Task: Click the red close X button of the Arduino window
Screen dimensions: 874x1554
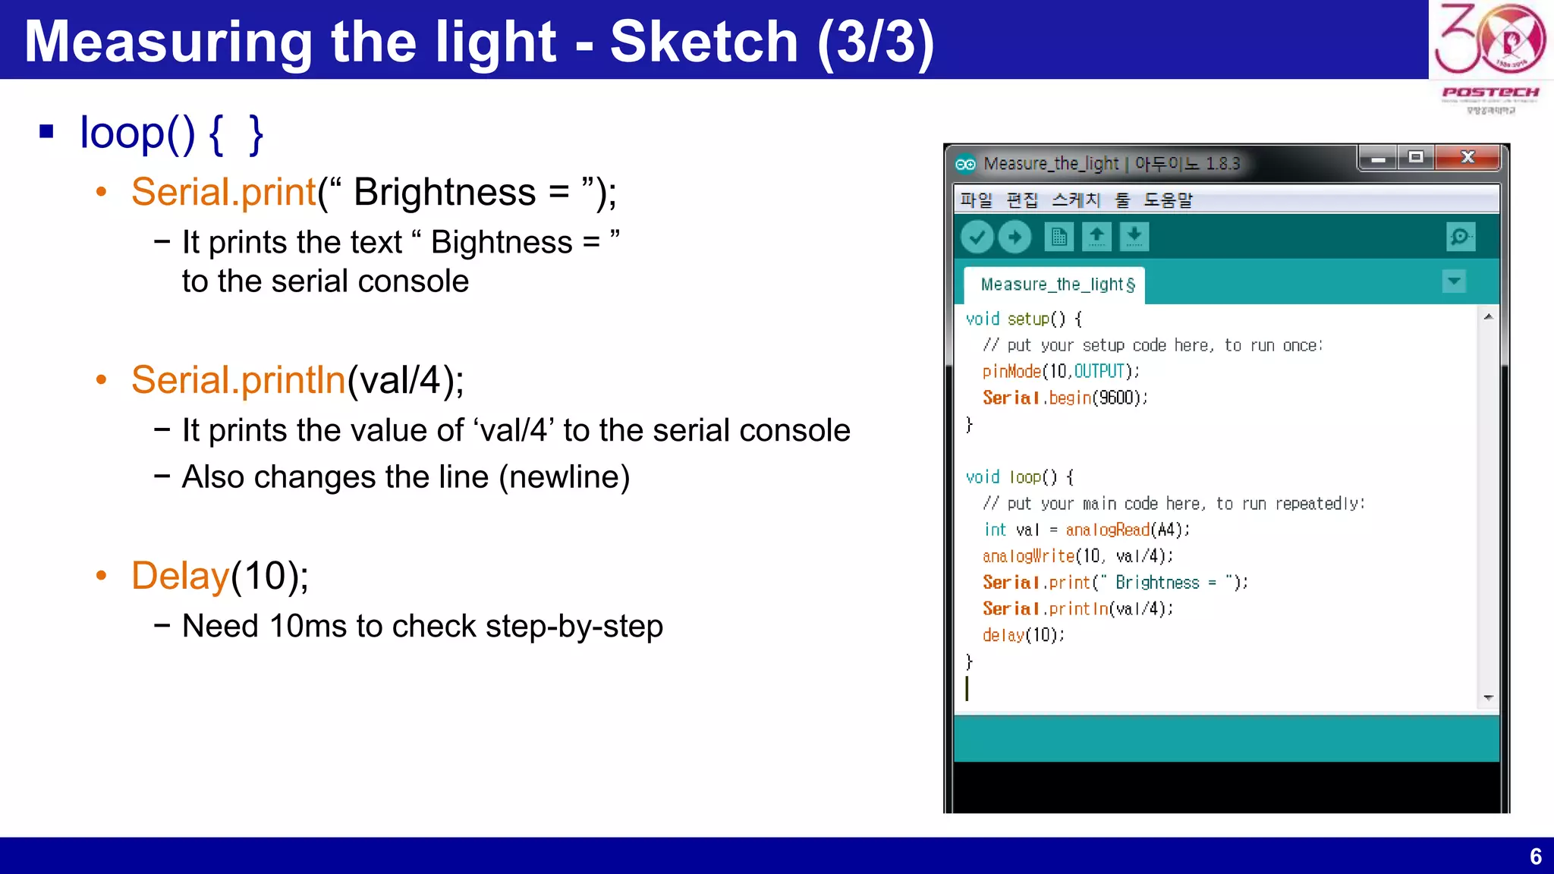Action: tap(1468, 157)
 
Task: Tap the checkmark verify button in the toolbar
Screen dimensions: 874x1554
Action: tap(977, 237)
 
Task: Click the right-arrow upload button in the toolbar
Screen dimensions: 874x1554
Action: tap(1015, 237)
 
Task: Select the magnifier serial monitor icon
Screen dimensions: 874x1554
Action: tap(1460, 237)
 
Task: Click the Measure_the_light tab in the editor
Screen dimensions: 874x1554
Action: tap(1056, 285)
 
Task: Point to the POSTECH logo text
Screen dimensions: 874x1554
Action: tap(1490, 93)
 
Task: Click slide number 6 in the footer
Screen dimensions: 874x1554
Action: tap(1535, 857)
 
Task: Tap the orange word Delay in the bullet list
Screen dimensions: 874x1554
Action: tap(180, 576)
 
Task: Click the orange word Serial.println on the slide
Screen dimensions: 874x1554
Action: tap(238, 380)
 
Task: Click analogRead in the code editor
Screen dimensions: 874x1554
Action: tap(1107, 530)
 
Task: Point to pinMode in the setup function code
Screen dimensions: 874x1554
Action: tap(1011, 371)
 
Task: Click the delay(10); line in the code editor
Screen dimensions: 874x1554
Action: tap(1023, 635)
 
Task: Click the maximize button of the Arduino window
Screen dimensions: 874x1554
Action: tap(1416, 157)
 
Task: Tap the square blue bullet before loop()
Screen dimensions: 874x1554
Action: tap(47, 132)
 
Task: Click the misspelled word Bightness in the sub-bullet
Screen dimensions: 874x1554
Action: tap(501, 243)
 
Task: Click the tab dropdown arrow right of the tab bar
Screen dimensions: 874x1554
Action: tap(1454, 281)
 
